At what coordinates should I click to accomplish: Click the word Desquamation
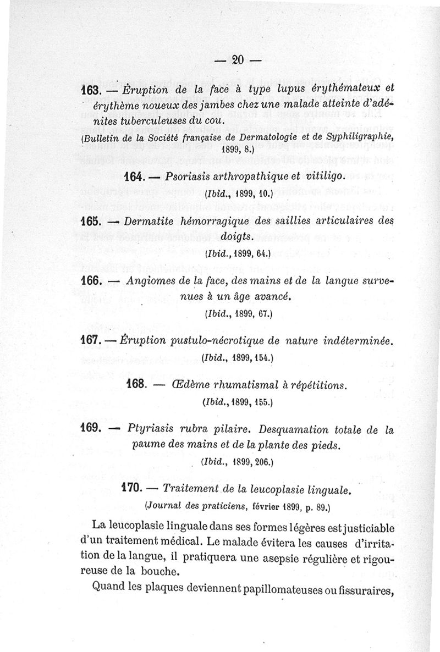click(295, 429)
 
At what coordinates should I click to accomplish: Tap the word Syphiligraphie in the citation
click(362, 136)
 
